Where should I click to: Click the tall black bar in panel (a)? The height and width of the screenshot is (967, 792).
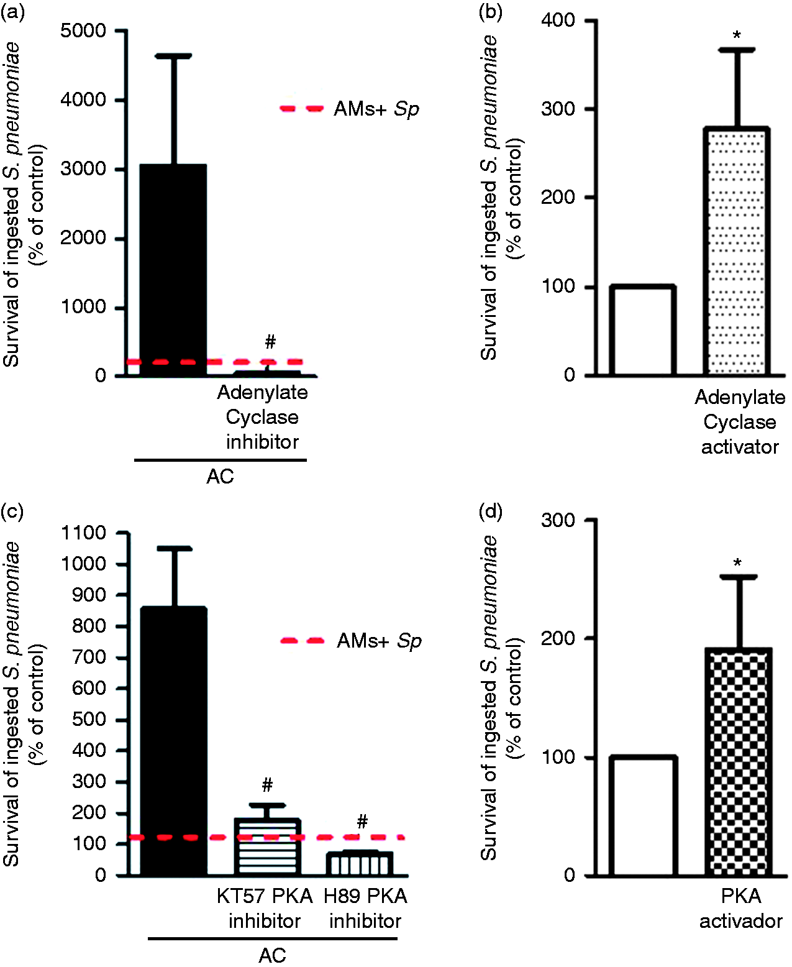pyautogui.click(x=173, y=270)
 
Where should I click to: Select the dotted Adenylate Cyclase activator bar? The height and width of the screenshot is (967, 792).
pyautogui.click(x=737, y=251)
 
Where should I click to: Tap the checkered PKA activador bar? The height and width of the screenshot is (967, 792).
pyautogui.click(x=738, y=761)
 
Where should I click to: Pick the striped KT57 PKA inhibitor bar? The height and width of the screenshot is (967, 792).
pyautogui.click(x=267, y=846)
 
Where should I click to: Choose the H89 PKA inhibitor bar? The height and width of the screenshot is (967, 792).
pyautogui.click(x=359, y=863)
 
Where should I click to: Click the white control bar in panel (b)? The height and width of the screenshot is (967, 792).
pyautogui.click(x=643, y=331)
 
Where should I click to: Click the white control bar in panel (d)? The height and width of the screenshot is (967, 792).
pyautogui.click(x=644, y=816)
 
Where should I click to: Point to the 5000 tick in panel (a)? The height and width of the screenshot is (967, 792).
pyautogui.click(x=83, y=30)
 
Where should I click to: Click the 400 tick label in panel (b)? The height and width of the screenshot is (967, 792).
pyautogui.click(x=558, y=21)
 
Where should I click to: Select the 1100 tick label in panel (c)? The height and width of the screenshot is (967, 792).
pyautogui.click(x=83, y=533)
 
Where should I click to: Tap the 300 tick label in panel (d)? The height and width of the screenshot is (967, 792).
pyautogui.click(x=558, y=520)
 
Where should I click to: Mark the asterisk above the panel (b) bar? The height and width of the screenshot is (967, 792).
pyautogui.click(x=737, y=35)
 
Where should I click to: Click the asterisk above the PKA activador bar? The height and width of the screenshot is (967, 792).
pyautogui.click(x=737, y=563)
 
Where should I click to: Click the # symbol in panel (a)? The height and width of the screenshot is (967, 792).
pyautogui.click(x=270, y=342)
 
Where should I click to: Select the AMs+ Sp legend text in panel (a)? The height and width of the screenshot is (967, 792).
pyautogui.click(x=376, y=109)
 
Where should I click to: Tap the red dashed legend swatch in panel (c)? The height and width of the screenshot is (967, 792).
pyautogui.click(x=303, y=641)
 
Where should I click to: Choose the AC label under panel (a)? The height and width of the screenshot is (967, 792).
pyautogui.click(x=220, y=477)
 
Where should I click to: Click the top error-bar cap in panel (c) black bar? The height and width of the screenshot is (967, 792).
pyautogui.click(x=174, y=548)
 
